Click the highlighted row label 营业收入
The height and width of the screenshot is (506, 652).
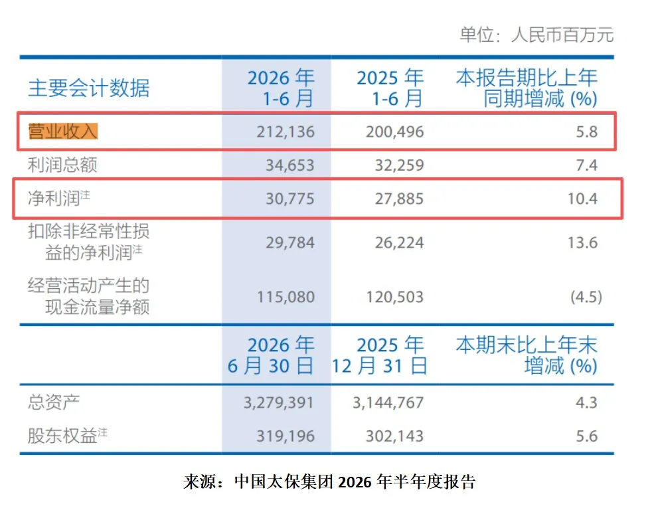(63, 131)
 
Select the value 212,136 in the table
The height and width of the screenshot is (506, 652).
(285, 131)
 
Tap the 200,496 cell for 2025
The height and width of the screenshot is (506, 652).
(394, 131)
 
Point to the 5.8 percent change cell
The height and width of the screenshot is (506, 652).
(587, 131)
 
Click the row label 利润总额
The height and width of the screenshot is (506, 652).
(62, 165)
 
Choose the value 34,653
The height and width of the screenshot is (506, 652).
(290, 165)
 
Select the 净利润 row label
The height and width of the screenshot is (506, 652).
(58, 198)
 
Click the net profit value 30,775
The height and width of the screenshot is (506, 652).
(290, 199)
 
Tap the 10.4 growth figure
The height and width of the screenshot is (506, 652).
(582, 199)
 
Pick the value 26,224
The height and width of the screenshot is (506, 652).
(399, 242)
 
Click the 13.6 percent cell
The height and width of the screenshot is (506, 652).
(582, 242)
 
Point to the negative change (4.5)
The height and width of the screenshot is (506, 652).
(586, 297)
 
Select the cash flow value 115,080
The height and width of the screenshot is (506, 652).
(285, 297)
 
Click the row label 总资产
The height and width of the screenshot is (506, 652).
(54, 402)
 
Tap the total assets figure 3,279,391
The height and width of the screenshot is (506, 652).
(279, 402)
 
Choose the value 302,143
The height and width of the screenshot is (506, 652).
(394, 436)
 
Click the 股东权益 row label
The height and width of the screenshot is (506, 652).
(67, 436)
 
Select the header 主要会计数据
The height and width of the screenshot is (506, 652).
(88, 88)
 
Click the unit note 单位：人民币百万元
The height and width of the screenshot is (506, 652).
(536, 35)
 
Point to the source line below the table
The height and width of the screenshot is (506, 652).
(330, 481)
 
